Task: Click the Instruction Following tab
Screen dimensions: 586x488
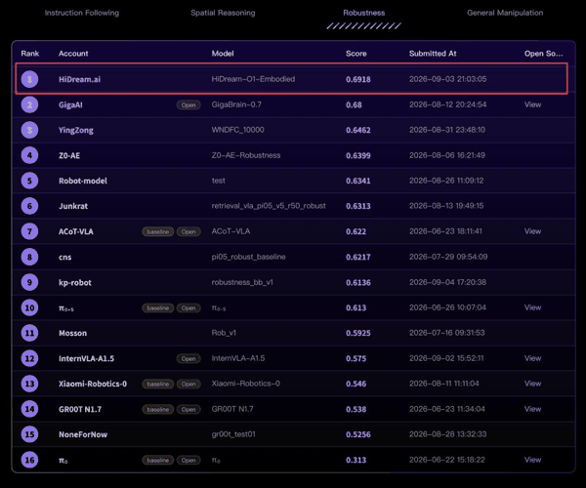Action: [x=82, y=13]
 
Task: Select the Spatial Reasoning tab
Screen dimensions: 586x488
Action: [x=223, y=13]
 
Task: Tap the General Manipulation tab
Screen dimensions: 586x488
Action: [x=505, y=13]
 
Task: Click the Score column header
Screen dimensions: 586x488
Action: [x=356, y=54]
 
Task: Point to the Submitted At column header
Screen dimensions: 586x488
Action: [x=433, y=54]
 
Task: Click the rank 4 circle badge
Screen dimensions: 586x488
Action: [x=29, y=155]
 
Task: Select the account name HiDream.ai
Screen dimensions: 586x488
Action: [x=80, y=79]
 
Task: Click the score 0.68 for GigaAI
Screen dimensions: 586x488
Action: [x=354, y=104]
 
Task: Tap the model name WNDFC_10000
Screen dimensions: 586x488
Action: [x=237, y=130]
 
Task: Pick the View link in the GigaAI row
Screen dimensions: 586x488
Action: [x=532, y=104]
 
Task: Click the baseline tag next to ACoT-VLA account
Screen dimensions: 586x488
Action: [x=157, y=231]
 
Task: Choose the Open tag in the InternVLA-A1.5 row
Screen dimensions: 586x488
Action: [x=188, y=358]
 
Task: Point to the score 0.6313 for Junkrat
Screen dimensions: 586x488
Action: [x=358, y=206]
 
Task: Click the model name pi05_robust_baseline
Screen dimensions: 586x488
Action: [x=248, y=257]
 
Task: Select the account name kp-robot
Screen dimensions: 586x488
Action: [x=75, y=283]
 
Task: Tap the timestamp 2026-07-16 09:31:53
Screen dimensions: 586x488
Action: [x=447, y=333]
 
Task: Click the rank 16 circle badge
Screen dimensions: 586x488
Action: [x=29, y=460]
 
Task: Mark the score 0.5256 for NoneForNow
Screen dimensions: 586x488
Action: [x=358, y=434]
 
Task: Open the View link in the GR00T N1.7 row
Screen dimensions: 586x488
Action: [x=532, y=409]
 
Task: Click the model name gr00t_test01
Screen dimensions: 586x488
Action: [x=233, y=434]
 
